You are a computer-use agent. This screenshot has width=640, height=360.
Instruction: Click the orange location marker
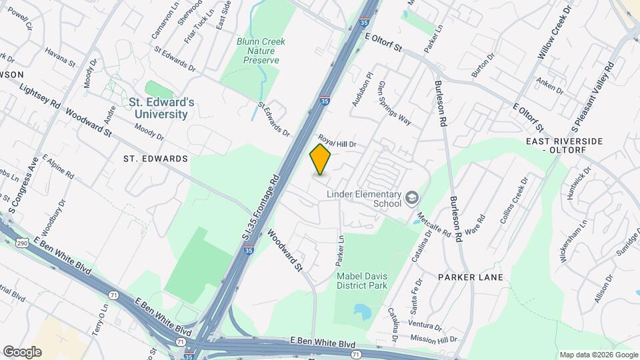(321, 159)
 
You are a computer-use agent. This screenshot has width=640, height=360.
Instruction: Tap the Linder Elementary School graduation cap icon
(412, 197)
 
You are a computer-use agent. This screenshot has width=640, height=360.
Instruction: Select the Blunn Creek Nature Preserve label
(261, 51)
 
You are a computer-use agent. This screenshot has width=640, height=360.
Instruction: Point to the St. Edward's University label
(161, 108)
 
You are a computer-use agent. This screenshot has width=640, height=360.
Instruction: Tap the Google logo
(22, 352)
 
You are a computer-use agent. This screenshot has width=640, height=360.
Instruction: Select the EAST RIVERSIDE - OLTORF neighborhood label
(573, 146)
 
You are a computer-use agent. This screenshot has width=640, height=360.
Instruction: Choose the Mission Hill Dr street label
(433, 339)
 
